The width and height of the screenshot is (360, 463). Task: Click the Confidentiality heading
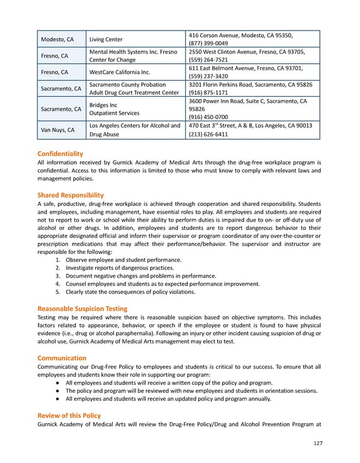(60, 154)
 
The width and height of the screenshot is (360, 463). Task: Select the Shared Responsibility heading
(70, 195)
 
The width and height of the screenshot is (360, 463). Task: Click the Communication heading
(62, 358)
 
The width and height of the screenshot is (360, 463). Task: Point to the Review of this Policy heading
(69, 416)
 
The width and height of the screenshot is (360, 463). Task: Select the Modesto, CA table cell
(57, 40)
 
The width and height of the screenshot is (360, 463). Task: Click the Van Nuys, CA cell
(58, 130)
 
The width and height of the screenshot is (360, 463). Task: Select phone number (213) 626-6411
(208, 135)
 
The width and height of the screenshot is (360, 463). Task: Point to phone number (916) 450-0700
(208, 117)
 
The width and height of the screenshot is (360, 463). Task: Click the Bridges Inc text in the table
(103, 105)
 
